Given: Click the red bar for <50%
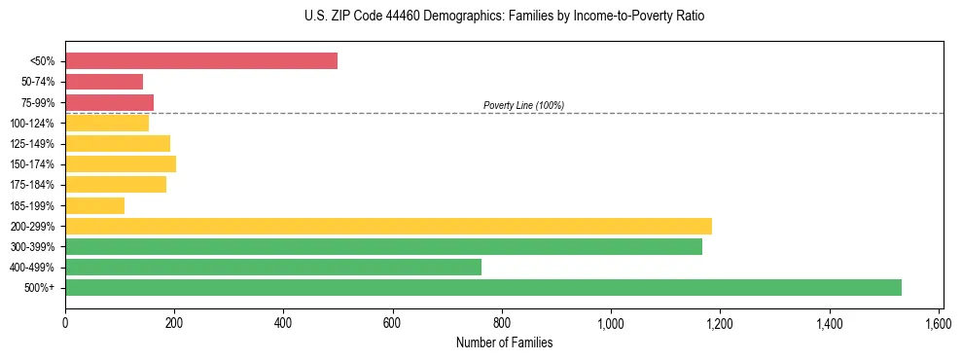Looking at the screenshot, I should pyautogui.click(x=201, y=61).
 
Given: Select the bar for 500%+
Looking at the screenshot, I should pyautogui.click(x=483, y=287).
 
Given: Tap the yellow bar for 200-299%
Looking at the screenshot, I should pyautogui.click(x=388, y=226).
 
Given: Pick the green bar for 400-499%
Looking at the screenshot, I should pyautogui.click(x=273, y=267).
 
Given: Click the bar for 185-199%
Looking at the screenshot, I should pyautogui.click(x=95, y=205).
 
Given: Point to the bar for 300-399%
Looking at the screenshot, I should pyautogui.click(x=383, y=246).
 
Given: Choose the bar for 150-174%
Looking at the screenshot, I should pyautogui.click(x=121, y=163).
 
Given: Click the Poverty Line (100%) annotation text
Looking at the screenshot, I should pyautogui.click(x=523, y=105).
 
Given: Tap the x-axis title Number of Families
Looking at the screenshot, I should pyautogui.click(x=504, y=342).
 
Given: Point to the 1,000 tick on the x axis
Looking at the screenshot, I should pyautogui.click(x=611, y=322).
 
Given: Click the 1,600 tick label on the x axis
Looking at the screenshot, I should pyautogui.click(x=939, y=322).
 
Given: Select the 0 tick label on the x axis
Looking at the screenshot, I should pyautogui.click(x=65, y=322).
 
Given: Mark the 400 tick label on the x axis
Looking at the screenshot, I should pyautogui.click(x=284, y=322).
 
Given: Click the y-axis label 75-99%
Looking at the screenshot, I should pyautogui.click(x=39, y=102).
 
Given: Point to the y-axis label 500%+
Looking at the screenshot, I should pyautogui.click(x=40, y=288).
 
